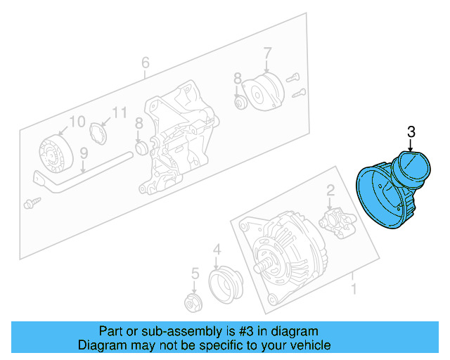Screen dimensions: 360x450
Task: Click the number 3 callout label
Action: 411,131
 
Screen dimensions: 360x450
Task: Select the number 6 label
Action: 145,63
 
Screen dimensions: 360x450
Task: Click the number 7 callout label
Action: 267,52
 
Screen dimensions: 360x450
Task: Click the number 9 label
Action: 83,152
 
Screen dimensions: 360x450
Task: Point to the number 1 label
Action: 354,288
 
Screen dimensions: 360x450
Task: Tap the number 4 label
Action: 217,248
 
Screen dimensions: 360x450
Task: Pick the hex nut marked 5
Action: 191,304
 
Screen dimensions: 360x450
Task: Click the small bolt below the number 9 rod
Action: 31,202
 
